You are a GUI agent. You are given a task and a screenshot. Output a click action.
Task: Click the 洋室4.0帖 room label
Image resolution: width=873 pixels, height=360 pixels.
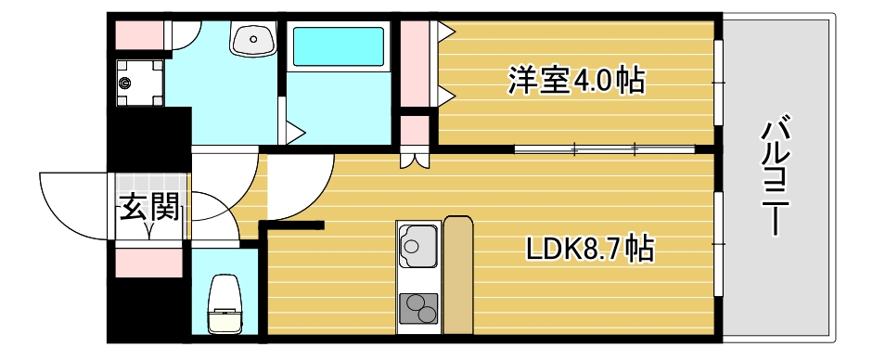[x=575, y=81]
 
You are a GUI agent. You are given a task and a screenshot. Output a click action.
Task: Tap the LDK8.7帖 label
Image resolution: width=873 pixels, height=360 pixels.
[x=590, y=248]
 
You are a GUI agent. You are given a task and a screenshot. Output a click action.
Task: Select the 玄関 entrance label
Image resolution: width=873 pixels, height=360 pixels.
[x=148, y=210]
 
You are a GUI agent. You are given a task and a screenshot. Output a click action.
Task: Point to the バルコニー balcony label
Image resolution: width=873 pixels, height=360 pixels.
[x=773, y=176]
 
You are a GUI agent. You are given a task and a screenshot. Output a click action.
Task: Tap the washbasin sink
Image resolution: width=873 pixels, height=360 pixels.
[x=252, y=40]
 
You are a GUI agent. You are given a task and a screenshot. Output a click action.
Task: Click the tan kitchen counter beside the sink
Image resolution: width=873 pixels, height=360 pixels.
[x=457, y=274]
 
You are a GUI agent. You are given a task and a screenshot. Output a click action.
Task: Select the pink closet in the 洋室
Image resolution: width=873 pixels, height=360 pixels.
[x=415, y=64]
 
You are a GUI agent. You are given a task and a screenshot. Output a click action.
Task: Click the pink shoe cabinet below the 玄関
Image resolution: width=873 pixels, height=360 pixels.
[x=148, y=262]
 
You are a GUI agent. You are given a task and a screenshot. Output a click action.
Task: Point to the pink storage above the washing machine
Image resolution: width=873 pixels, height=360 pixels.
[x=139, y=35]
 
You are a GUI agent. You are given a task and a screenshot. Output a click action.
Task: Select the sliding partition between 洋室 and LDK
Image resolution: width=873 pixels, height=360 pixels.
[x=604, y=148]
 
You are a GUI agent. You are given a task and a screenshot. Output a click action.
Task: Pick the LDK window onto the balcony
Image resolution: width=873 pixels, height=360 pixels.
[x=719, y=243]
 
